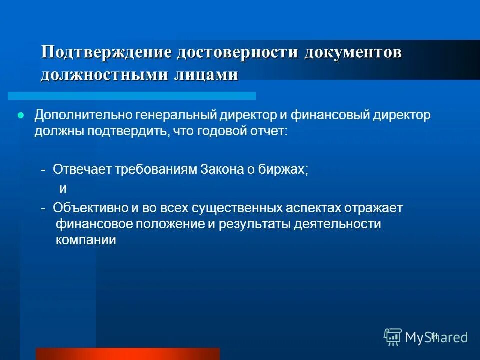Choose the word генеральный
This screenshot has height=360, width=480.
tap(175, 116)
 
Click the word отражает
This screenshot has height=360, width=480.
tap(372, 208)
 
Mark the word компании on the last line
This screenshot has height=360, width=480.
tap(86, 240)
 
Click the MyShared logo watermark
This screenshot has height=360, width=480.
tap(426, 337)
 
